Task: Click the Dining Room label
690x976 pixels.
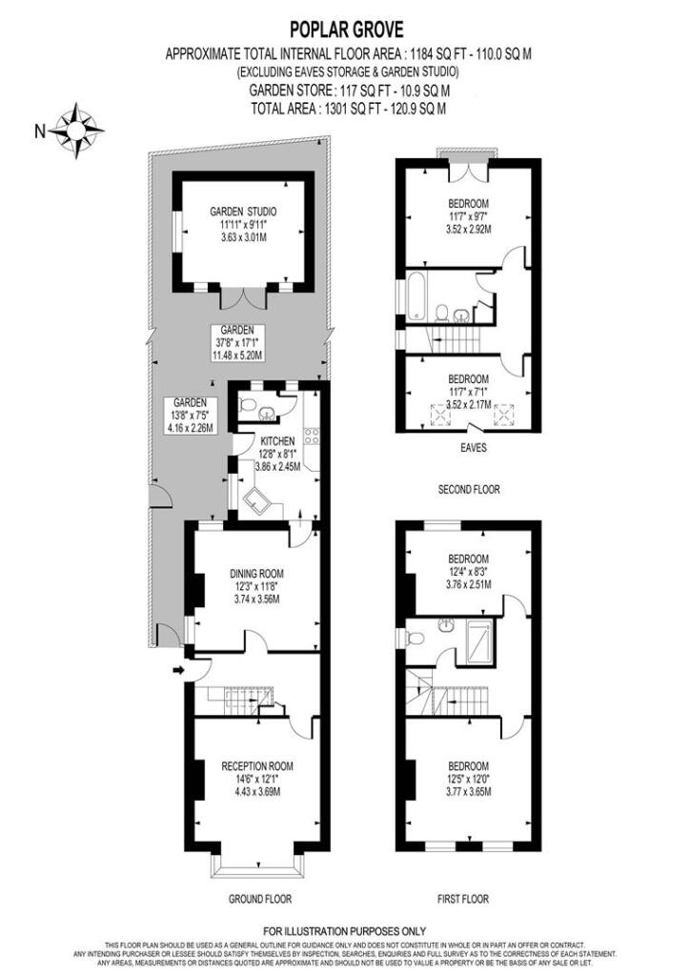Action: click(256, 573)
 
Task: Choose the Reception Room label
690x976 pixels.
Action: click(256, 765)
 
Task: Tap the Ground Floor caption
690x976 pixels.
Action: click(259, 899)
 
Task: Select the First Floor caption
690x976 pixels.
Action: click(462, 899)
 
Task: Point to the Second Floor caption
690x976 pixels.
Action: click(468, 489)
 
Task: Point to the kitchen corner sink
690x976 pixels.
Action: click(257, 502)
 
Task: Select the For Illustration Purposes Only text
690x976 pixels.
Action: click(345, 930)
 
